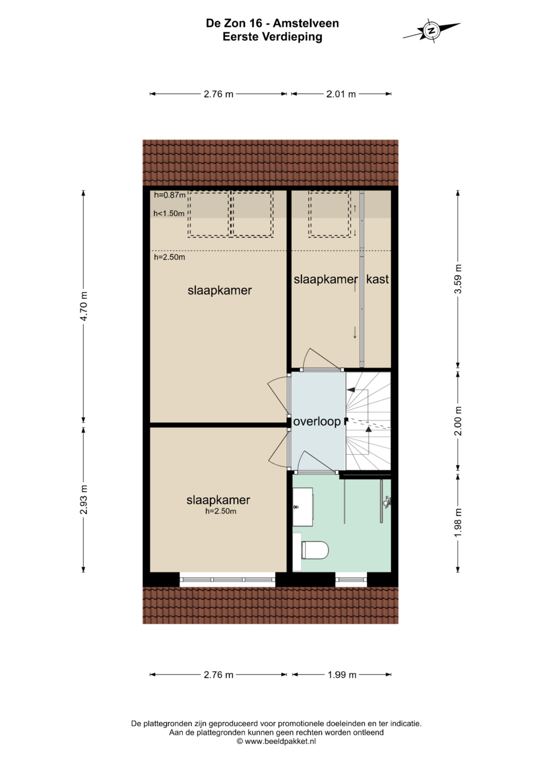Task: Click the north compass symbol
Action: (x=432, y=31)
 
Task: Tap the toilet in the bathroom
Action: (x=315, y=550)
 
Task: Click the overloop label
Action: (x=317, y=422)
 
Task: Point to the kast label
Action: (x=377, y=279)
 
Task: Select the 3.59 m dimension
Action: (x=458, y=279)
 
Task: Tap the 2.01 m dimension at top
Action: (x=341, y=94)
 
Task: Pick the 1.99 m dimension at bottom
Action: (x=342, y=674)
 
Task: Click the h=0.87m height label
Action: (x=170, y=195)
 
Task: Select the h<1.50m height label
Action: (x=169, y=214)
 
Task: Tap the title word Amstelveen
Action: (x=306, y=23)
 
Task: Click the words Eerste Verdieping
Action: (x=272, y=37)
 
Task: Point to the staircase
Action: (x=368, y=421)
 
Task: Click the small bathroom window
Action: (x=351, y=579)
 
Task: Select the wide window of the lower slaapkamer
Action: (x=227, y=579)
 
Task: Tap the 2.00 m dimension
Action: (x=458, y=421)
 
